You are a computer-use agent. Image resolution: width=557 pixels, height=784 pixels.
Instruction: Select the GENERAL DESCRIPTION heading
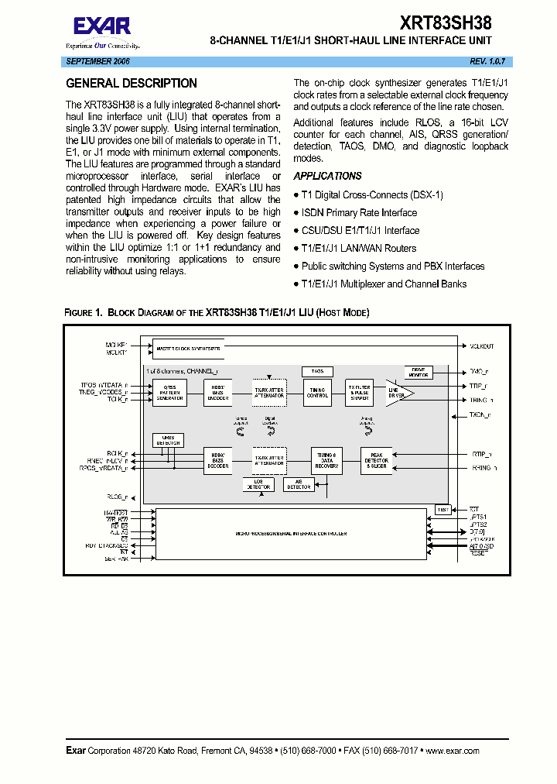click(x=132, y=84)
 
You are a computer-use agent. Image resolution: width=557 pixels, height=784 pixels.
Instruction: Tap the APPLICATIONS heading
click(x=327, y=176)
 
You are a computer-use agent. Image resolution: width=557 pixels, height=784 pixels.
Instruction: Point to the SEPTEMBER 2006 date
click(x=98, y=60)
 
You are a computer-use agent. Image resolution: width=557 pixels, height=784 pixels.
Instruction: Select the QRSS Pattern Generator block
click(x=169, y=392)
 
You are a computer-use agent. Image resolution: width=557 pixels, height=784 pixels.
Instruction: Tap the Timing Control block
click(x=317, y=392)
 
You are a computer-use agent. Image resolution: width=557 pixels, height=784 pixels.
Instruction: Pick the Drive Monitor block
click(x=419, y=372)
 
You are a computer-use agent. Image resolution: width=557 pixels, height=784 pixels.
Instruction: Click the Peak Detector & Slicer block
click(x=377, y=460)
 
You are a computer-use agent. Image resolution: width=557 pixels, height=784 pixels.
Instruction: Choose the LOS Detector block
click(x=258, y=485)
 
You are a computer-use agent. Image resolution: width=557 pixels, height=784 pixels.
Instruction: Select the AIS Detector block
click(x=299, y=485)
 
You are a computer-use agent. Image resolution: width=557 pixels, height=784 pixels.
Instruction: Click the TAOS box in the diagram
click(x=317, y=372)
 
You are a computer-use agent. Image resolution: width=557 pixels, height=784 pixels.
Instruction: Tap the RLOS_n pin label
click(x=117, y=497)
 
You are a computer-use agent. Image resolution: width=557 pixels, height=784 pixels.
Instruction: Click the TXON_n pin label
click(x=480, y=415)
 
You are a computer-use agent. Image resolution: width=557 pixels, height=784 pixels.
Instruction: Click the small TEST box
click(x=443, y=509)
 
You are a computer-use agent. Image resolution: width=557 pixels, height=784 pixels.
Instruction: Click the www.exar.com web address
click(x=453, y=751)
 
